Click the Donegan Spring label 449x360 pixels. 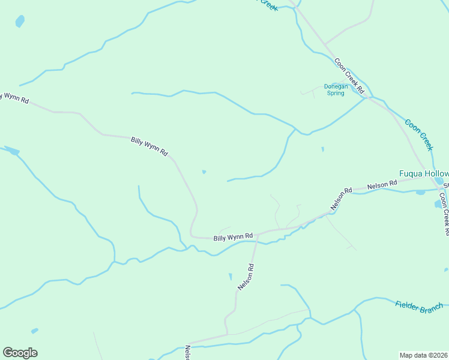click(x=334, y=89)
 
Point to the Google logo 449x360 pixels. click(x=20, y=353)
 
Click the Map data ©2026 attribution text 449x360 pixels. click(x=424, y=355)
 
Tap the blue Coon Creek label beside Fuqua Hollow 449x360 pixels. click(x=418, y=134)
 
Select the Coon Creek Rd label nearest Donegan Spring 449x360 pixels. click(x=350, y=75)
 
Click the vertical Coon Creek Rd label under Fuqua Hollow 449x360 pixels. click(x=444, y=213)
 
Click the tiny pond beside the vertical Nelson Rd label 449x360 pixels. click(x=230, y=277)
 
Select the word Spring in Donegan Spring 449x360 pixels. click(x=335, y=93)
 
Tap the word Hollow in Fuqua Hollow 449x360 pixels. click(x=436, y=173)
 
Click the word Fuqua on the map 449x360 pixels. click(x=412, y=173)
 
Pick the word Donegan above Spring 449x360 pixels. click(x=336, y=86)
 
